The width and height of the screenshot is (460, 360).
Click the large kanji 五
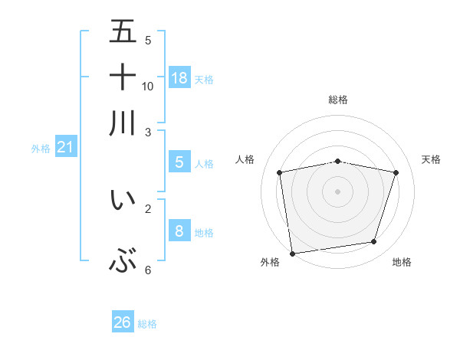tap(123, 31)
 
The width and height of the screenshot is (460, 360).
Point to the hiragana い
tap(123, 200)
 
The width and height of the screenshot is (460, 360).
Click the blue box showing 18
tap(179, 77)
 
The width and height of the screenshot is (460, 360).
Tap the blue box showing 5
tap(179, 162)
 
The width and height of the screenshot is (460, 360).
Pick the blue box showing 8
tap(179, 231)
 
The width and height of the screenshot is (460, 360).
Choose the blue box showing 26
tap(123, 322)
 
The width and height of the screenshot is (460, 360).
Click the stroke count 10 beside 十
tap(148, 86)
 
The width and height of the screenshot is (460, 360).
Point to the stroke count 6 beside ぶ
tap(148, 270)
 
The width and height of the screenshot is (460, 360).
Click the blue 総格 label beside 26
tap(147, 324)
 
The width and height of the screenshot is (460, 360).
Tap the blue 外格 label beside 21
tap(41, 149)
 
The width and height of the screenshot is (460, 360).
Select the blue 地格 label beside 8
tap(204, 233)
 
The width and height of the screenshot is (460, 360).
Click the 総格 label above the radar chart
tap(338, 100)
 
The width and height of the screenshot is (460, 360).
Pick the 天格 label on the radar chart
tap(432, 159)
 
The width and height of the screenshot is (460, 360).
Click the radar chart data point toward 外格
tap(292, 253)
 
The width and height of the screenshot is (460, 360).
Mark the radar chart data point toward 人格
tap(280, 173)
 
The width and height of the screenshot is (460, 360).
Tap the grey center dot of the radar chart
tap(338, 191)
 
